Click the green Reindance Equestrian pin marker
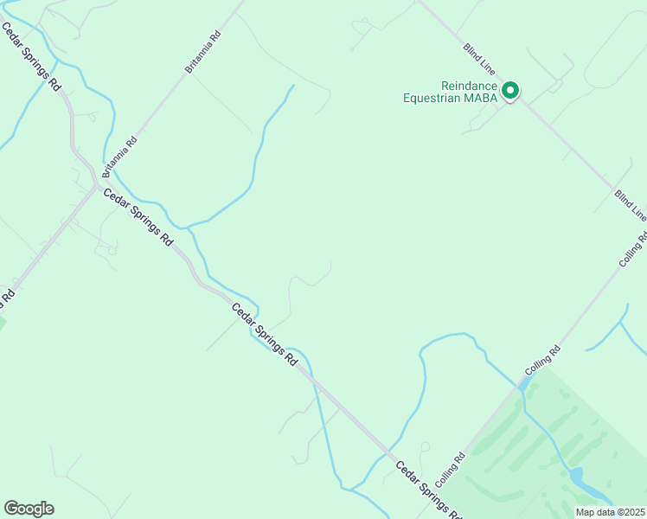coord(510,90)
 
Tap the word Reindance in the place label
coord(470,86)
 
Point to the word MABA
coord(481,98)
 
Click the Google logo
coord(29,509)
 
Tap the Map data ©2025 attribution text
coord(610,512)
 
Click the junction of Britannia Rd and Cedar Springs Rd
coord(95,186)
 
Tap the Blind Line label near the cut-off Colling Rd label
coord(630,204)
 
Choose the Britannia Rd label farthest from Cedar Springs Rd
coord(205,52)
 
